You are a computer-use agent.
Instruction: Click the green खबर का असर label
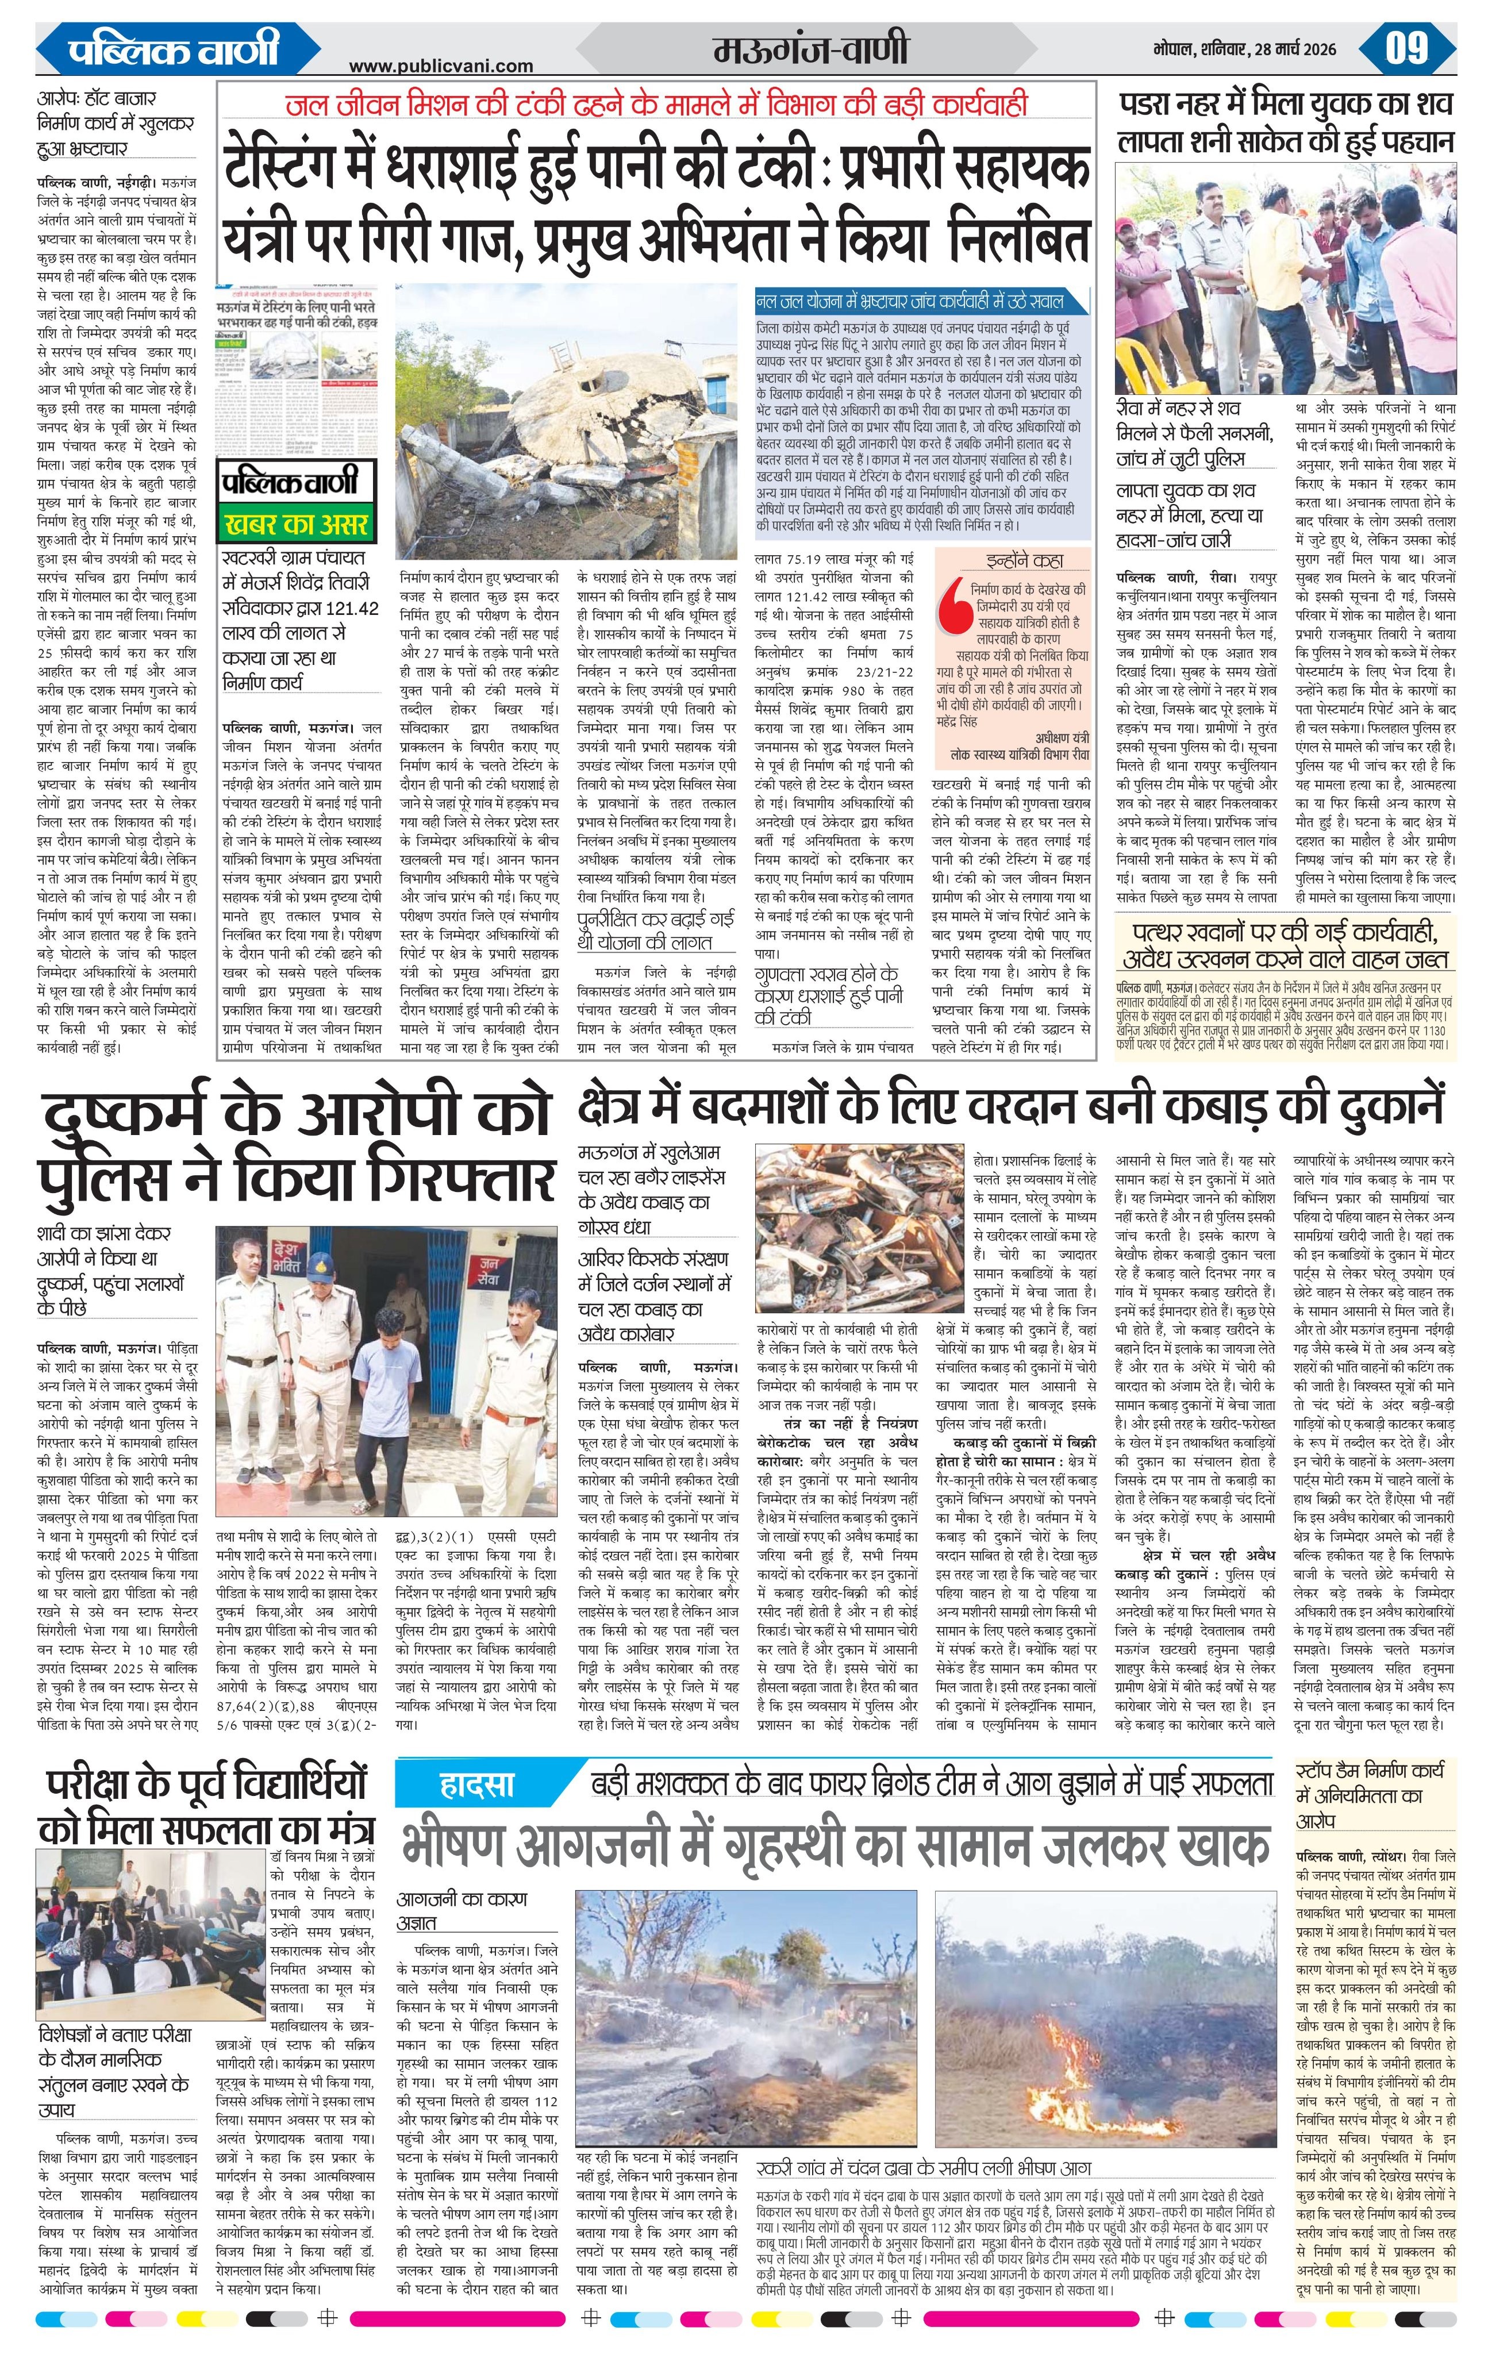[296, 524]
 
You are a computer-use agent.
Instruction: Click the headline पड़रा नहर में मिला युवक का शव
[1286, 105]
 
